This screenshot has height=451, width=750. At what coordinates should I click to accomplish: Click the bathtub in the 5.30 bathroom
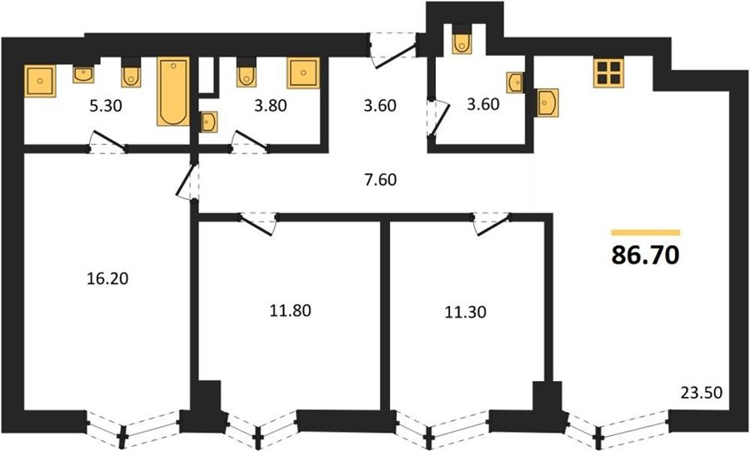coord(173,92)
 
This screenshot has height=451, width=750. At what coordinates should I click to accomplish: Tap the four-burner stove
coord(609,73)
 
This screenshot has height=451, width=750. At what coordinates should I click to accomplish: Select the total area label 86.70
coord(645,255)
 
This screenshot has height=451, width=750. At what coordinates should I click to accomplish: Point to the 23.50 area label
coord(701,393)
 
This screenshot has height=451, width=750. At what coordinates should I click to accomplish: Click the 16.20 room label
coord(107,278)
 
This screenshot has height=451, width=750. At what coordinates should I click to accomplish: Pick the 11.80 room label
coord(290,311)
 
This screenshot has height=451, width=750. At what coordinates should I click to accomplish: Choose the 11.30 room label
coord(465,313)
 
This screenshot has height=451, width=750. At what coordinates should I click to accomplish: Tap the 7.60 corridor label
coord(380,180)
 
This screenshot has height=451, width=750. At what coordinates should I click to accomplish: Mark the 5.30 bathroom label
coord(106,105)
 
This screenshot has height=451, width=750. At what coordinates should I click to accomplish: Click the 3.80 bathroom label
coord(270,105)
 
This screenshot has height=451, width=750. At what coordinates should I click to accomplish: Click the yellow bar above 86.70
coord(645,233)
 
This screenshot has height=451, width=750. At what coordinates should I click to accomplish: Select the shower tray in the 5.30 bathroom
coord(40,81)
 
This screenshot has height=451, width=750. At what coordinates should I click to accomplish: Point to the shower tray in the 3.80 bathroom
coord(303,73)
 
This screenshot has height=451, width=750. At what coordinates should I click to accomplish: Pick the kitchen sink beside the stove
coord(547,103)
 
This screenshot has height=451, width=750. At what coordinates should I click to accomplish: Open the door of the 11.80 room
coord(258,223)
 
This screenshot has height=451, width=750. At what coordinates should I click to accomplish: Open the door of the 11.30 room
coord(491,223)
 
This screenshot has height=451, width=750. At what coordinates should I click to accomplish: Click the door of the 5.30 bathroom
coord(107,142)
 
